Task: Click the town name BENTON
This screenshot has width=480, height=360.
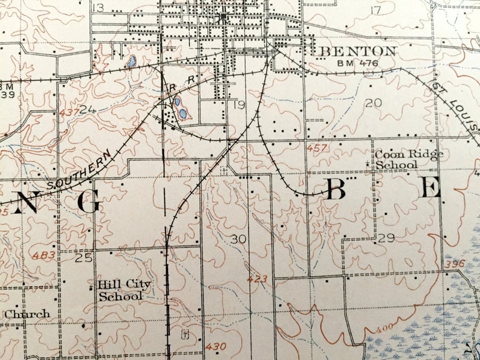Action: coord(358,51)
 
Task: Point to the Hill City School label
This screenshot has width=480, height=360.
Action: coord(125,290)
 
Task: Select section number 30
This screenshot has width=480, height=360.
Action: coord(238,239)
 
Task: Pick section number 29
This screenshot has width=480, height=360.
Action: coord(386,239)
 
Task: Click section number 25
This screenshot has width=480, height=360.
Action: coord(84,258)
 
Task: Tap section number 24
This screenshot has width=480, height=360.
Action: coord(87,109)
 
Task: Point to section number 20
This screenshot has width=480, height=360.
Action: coord(373,103)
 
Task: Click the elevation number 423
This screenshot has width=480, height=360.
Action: coord(257,279)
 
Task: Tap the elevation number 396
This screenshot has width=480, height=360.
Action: coord(453,264)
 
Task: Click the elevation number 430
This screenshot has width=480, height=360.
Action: coord(216,346)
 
